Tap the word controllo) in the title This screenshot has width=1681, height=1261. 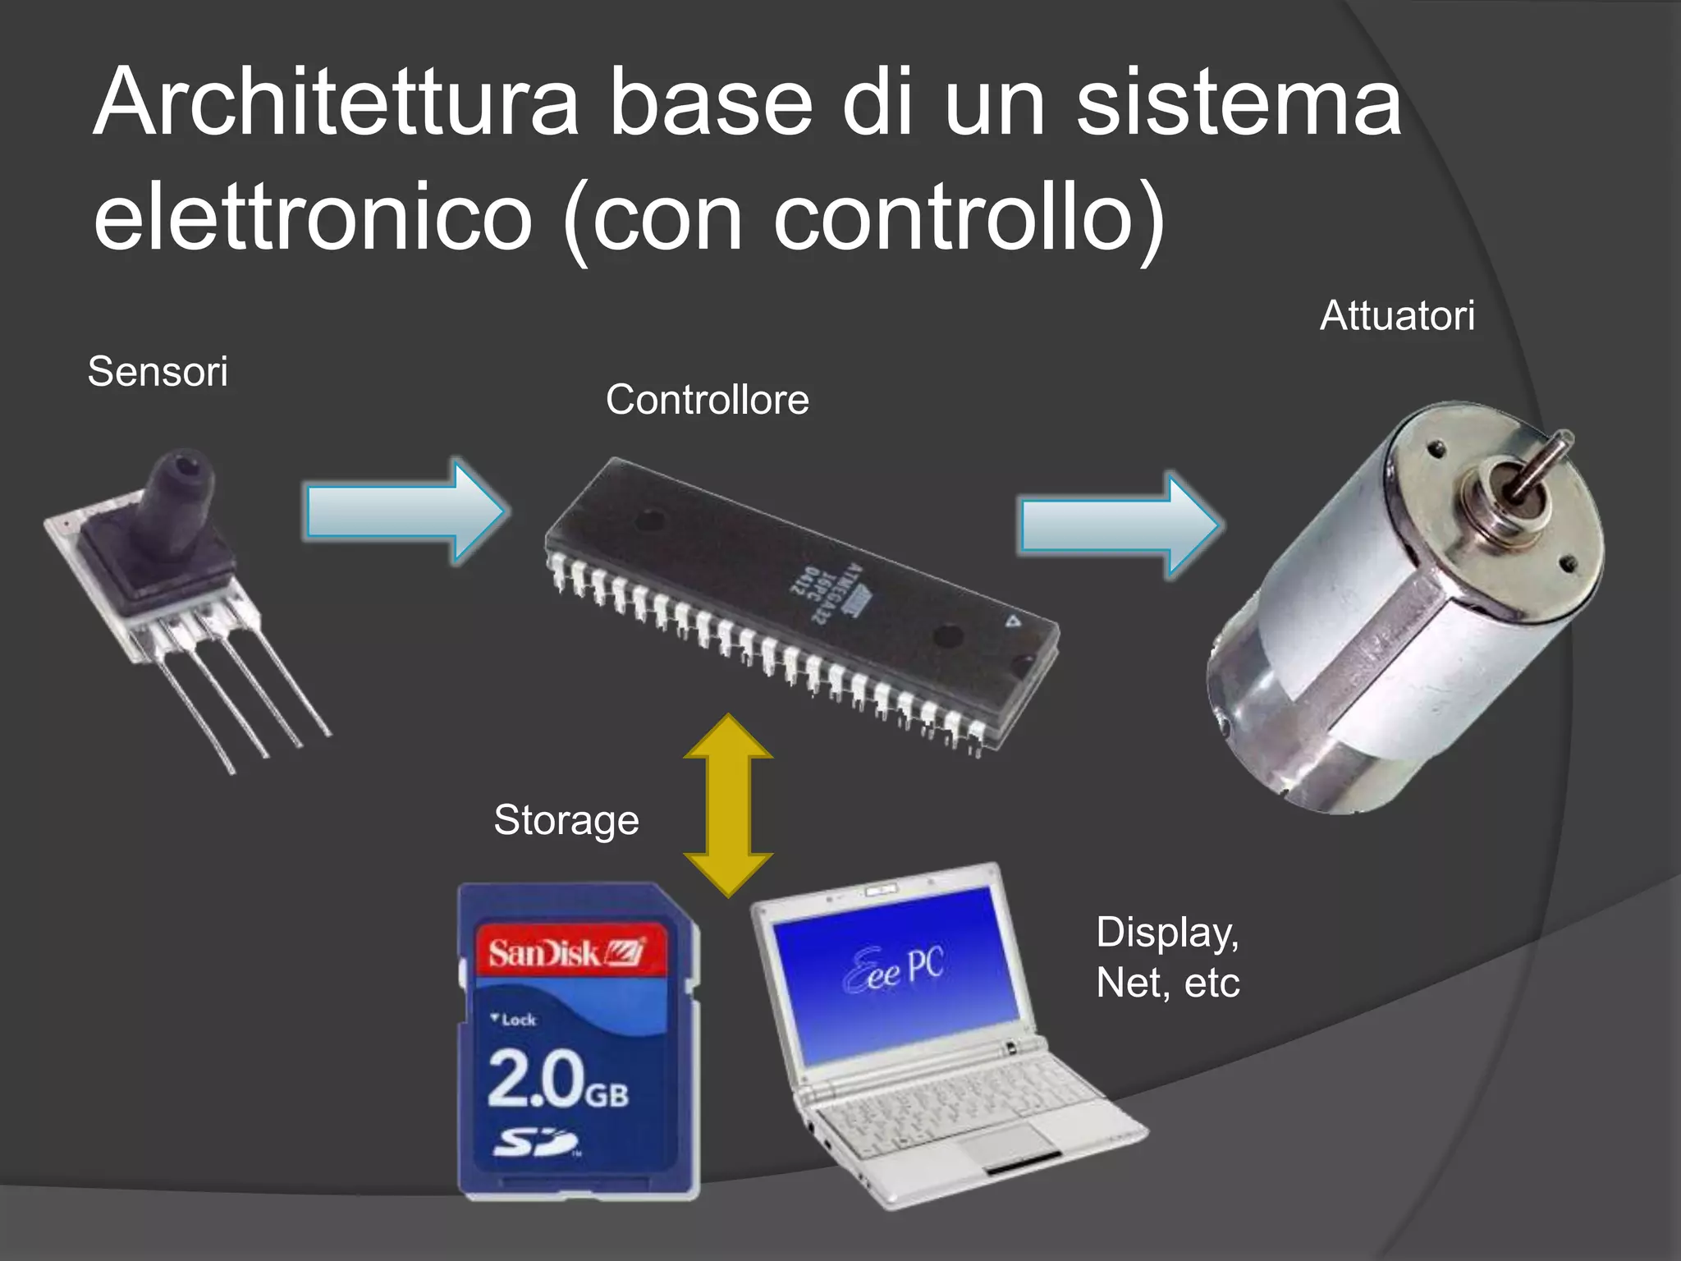[x=969, y=218]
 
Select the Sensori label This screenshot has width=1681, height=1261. [x=158, y=372]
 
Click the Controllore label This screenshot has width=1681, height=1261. [x=708, y=401]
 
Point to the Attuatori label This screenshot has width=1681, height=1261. [x=1397, y=316]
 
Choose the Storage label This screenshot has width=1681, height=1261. [x=566, y=820]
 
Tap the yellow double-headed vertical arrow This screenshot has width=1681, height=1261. [x=728, y=805]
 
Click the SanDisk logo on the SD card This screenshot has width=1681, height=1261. [x=566, y=953]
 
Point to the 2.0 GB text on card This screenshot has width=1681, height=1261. [x=558, y=1080]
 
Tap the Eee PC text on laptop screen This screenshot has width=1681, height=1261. [x=895, y=969]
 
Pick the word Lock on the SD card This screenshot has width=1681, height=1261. [x=518, y=1020]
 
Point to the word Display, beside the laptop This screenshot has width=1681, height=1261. [x=1167, y=933]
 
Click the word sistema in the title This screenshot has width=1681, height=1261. [x=1239, y=103]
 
